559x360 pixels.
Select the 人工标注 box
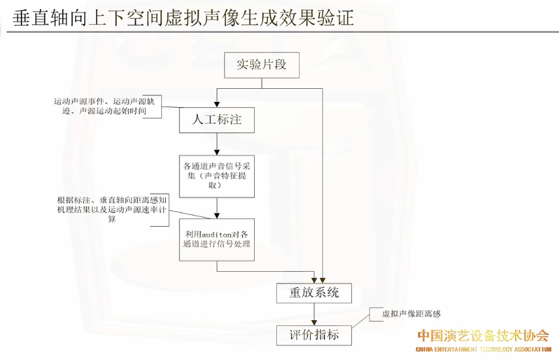pyautogui.click(x=216, y=120)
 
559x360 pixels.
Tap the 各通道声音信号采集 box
pyautogui.click(x=216, y=176)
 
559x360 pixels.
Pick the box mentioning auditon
pyautogui.click(x=216, y=239)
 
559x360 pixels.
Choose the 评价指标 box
pyautogui.click(x=315, y=336)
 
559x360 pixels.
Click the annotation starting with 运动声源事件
pyautogui.click(x=108, y=106)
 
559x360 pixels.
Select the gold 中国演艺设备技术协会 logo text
pyautogui.click(x=483, y=336)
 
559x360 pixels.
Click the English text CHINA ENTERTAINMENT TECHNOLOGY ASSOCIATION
pyautogui.click(x=483, y=350)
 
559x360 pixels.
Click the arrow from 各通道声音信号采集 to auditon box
pyautogui.click(x=216, y=208)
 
